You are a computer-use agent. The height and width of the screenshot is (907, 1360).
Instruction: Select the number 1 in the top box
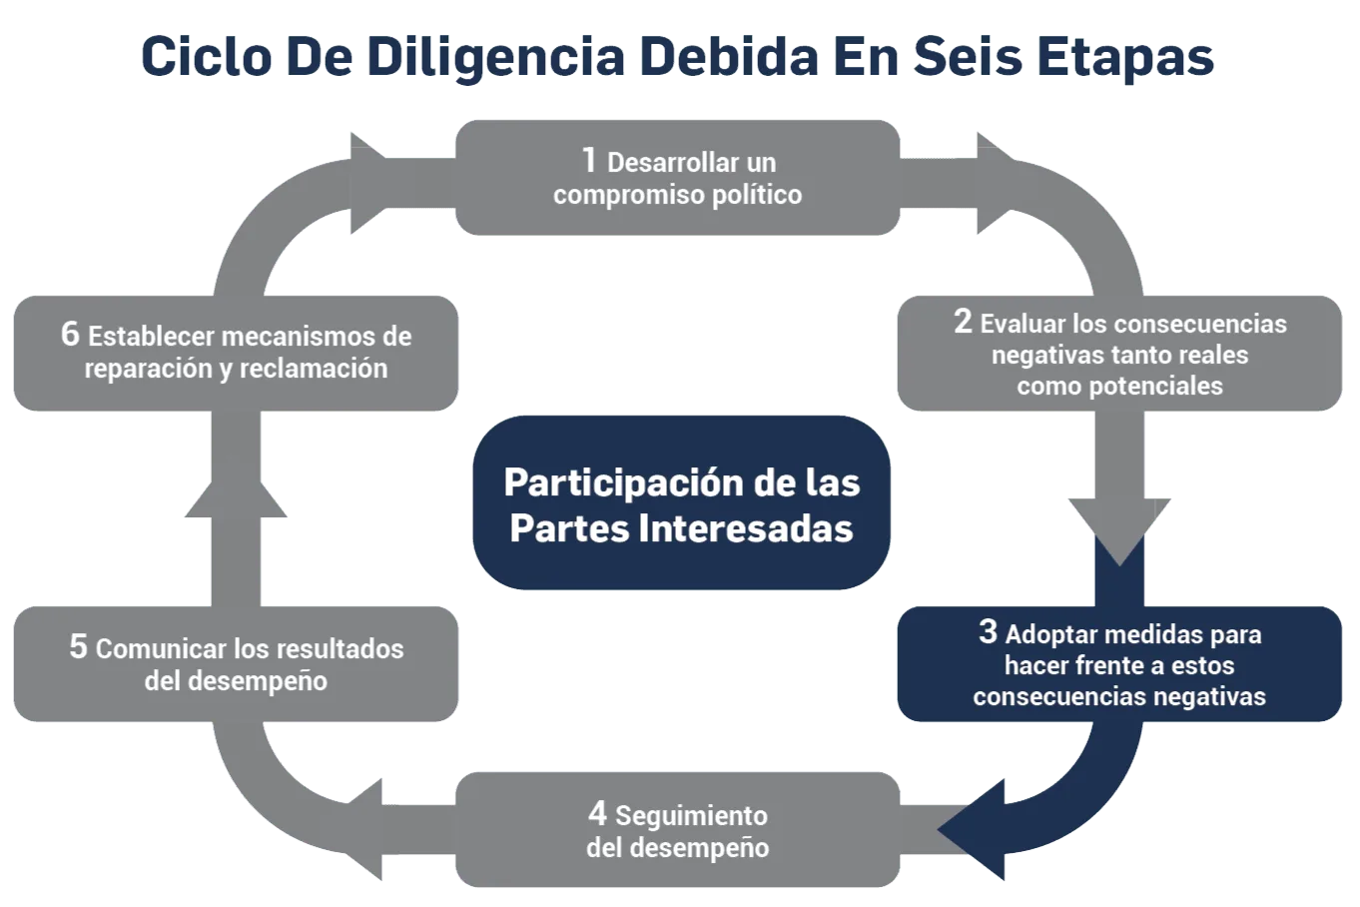pos(589,160)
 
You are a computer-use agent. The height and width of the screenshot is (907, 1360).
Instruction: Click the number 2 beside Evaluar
pos(963,322)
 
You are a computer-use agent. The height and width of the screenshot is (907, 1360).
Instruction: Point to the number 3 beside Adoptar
pos(988,631)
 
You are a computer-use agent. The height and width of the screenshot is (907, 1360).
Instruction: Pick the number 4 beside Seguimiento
pos(597,813)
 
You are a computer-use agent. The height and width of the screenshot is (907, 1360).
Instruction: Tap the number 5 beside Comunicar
pos(78,646)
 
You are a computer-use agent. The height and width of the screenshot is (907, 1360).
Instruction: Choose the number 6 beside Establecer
pos(70,334)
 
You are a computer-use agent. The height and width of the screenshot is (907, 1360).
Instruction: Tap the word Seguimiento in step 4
pos(691,816)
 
